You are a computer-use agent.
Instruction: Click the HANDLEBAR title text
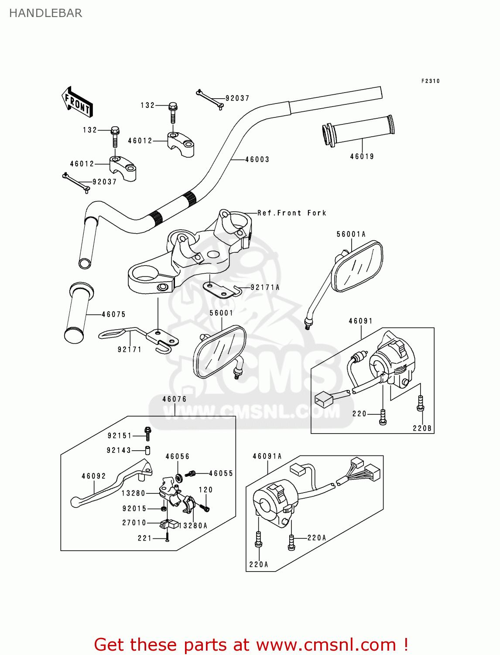tap(45, 13)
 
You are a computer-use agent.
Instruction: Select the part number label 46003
tap(257, 160)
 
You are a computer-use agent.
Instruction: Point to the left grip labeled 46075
tap(79, 312)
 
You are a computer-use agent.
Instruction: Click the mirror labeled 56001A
tap(357, 266)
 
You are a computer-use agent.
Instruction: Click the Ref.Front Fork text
tap(291, 213)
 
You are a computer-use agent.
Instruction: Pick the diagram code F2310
tap(430, 81)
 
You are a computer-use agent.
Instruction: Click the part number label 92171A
tap(265, 287)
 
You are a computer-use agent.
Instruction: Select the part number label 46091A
tap(267, 456)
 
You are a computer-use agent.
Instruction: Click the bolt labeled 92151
tap(147, 434)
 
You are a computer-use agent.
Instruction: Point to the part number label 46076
tap(174, 399)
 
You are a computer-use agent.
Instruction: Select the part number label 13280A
tap(193, 526)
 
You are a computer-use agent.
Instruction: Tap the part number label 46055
tap(221, 473)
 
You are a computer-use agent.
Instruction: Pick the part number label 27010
tap(134, 523)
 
